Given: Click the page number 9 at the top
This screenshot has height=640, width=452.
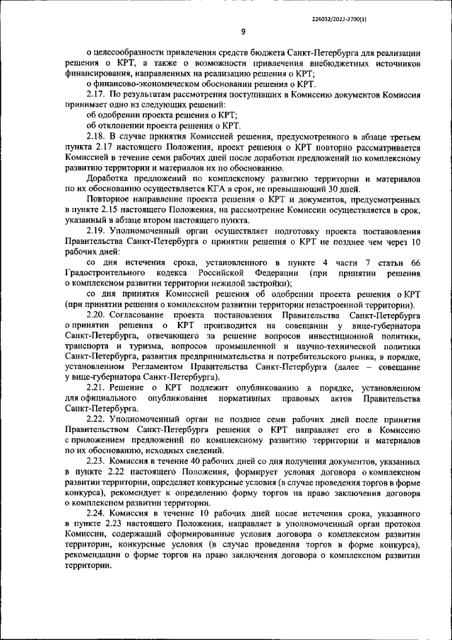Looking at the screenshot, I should point(243,31).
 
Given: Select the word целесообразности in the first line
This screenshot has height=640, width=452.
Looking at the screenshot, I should point(131,53).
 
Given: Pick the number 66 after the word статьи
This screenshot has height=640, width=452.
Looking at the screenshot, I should point(415,263).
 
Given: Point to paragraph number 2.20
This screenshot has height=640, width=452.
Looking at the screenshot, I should point(95,315).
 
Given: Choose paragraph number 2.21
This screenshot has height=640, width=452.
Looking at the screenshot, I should point(95,388).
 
